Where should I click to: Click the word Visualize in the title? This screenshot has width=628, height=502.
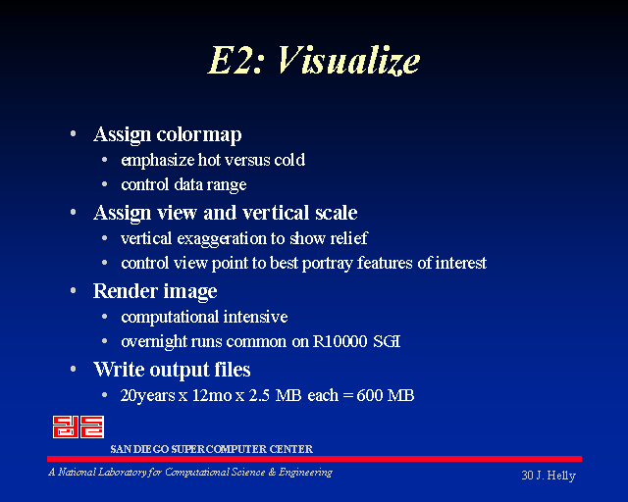(348, 60)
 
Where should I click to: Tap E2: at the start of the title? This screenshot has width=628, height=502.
(235, 60)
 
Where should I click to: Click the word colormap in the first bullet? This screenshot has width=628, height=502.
(199, 135)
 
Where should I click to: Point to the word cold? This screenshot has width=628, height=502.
(289, 160)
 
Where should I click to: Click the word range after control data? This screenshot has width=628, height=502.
(227, 185)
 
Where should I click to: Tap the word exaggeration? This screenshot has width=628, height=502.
(222, 239)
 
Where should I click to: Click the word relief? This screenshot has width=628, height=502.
(348, 238)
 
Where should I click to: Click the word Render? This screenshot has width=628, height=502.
(125, 290)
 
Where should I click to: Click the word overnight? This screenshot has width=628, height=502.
(153, 342)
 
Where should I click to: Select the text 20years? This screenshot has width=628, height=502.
(147, 396)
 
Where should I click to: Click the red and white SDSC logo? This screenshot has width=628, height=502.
(78, 427)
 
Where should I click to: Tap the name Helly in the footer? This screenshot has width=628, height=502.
(561, 476)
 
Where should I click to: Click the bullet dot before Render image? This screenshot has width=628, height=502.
(73, 291)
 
